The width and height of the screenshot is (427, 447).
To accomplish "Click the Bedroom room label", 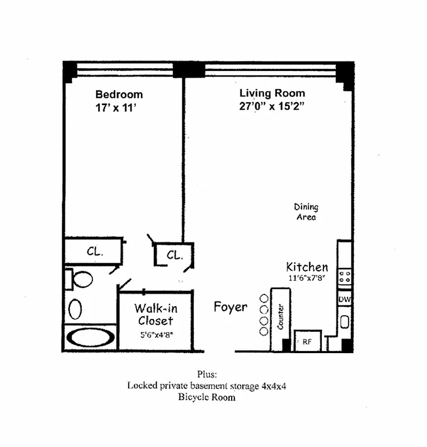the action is click(x=119, y=94).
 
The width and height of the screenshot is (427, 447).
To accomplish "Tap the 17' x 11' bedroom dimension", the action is click(x=116, y=108).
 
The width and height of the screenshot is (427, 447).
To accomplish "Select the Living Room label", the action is click(x=272, y=93).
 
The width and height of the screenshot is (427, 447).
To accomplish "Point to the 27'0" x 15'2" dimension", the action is click(x=271, y=106).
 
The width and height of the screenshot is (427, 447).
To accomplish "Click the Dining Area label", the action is click(x=306, y=212).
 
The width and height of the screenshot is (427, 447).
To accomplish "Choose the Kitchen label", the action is click(x=307, y=267).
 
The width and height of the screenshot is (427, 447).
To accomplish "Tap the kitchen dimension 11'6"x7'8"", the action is click(x=307, y=278).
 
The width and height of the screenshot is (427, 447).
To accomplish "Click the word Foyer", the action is click(x=231, y=307).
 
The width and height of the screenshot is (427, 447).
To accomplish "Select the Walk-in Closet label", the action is click(x=156, y=315).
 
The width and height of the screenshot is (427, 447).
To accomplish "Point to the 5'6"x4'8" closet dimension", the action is click(x=157, y=335).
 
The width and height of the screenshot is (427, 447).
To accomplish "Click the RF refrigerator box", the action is click(x=308, y=341).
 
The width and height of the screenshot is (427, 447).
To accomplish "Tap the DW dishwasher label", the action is click(x=345, y=299).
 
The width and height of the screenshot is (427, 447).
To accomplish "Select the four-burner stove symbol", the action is click(x=345, y=277).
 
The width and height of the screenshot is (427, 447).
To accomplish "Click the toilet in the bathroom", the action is click(x=79, y=279).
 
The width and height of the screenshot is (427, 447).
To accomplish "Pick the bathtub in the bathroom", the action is click(x=91, y=337).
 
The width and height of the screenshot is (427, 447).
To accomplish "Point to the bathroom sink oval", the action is click(x=76, y=309).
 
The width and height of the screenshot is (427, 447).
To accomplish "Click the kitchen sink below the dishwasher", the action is click(x=345, y=322).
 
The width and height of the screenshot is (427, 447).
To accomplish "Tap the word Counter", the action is click(x=280, y=316).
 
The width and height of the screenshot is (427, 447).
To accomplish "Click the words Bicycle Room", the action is click(x=207, y=397).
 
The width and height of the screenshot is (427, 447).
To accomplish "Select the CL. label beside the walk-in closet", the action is click(x=175, y=255).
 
